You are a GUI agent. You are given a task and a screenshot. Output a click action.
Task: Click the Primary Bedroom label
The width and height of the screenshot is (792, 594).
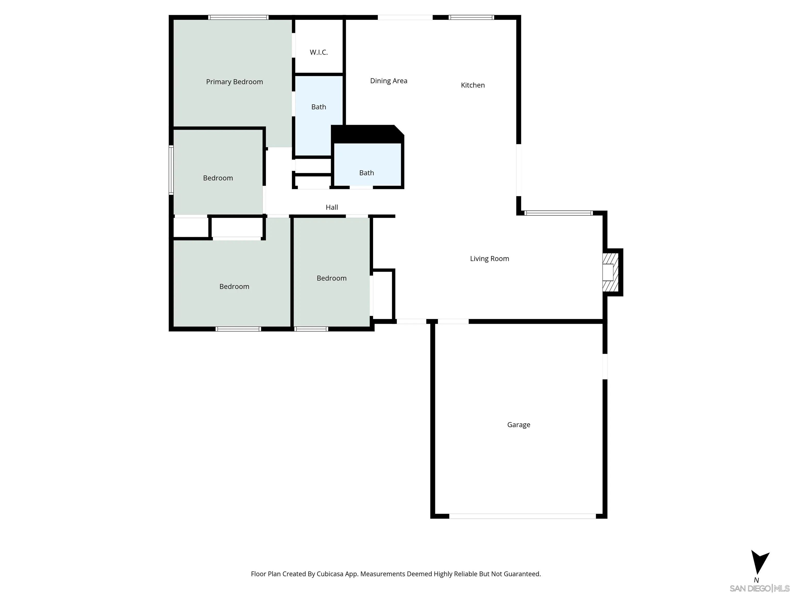[x=235, y=82]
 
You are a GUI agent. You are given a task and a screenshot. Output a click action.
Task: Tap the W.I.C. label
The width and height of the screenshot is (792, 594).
[x=319, y=52]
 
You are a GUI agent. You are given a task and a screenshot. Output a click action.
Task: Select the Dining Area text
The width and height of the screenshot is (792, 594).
[x=389, y=81]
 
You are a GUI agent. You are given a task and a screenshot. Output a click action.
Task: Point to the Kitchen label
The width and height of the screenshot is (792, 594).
[x=473, y=85]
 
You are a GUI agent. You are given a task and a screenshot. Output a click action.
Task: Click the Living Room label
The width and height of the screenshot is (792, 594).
[x=489, y=259]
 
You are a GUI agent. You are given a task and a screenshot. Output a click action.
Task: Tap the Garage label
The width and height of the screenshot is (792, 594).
[x=518, y=425]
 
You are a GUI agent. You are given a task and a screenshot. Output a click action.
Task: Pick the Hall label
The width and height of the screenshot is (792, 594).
[x=332, y=207]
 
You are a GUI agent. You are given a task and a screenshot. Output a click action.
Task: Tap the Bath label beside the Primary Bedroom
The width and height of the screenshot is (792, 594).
[x=319, y=107]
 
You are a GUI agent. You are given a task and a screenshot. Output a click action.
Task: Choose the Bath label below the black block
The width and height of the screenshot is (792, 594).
[x=366, y=173]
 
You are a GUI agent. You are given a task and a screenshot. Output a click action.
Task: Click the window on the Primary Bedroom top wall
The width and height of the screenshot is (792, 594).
[x=238, y=17]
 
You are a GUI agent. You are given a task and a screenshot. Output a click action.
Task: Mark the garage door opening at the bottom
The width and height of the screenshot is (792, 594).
[x=522, y=516]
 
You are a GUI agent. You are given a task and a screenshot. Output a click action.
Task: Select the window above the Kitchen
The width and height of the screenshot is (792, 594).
[x=471, y=17]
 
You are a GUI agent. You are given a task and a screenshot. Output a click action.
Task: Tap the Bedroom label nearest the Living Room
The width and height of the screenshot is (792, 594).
[x=332, y=278]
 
